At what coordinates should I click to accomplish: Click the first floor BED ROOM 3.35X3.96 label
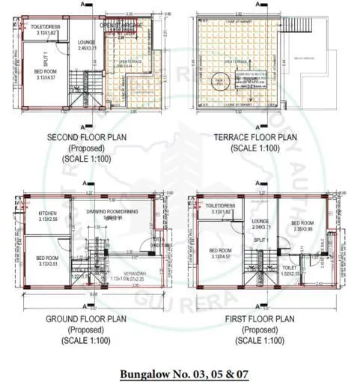[x=303, y=226]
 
